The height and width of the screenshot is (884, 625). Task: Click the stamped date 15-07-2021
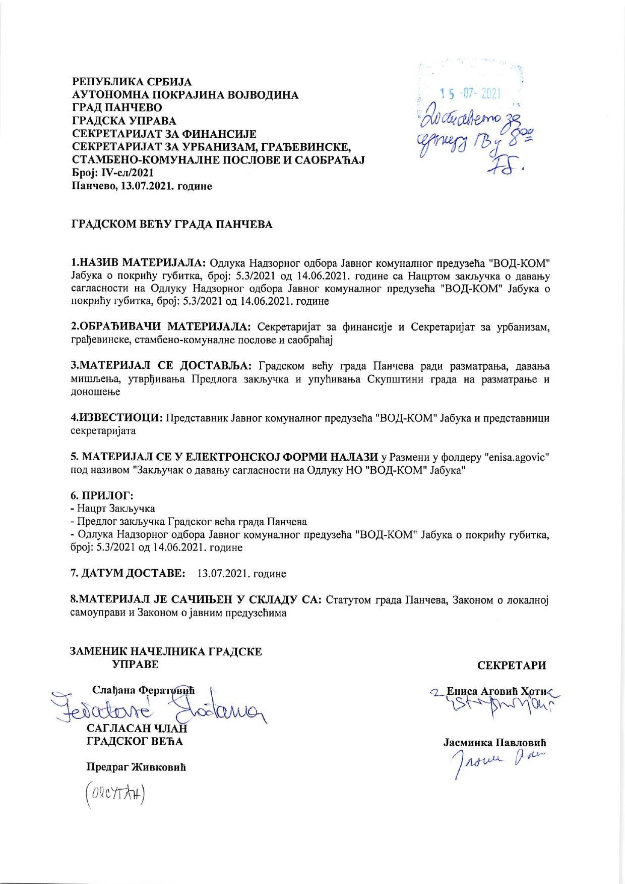click(469, 94)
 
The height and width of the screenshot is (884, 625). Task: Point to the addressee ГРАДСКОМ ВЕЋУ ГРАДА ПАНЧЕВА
click(171, 225)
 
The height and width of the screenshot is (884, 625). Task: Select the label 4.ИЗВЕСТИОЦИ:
click(116, 418)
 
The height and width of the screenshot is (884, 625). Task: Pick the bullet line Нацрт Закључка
click(115, 509)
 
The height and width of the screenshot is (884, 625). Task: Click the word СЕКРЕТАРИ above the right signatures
click(512, 665)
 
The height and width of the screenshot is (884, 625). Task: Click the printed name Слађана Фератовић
click(143, 690)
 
